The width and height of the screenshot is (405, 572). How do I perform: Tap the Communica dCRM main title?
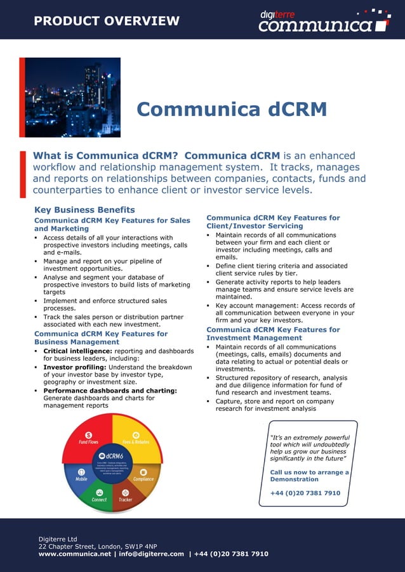(232, 110)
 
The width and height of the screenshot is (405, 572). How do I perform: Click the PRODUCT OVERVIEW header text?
(107, 21)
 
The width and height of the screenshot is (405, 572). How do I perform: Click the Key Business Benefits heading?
(84, 210)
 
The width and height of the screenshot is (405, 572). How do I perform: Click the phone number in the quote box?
(305, 493)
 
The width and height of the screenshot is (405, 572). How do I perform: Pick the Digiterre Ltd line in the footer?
(58, 539)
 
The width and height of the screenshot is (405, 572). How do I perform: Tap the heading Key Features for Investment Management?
(273, 334)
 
